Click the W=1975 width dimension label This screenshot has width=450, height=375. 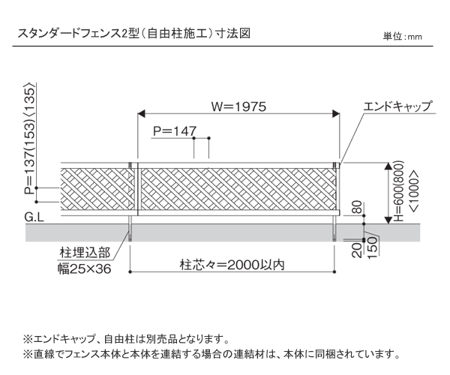(238, 106)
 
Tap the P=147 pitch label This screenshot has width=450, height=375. (175, 131)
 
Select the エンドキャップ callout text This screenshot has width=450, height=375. (397, 106)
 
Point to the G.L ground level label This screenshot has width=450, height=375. (34, 217)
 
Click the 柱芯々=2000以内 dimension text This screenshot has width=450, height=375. (232, 265)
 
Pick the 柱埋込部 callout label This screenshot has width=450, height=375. (85, 253)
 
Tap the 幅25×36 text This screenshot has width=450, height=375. (85, 268)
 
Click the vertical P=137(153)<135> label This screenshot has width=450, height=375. (30, 139)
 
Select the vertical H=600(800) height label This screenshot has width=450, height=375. (399, 191)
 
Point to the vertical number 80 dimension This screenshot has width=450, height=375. (357, 207)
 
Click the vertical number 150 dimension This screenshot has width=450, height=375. (372, 248)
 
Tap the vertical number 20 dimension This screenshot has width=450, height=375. (357, 250)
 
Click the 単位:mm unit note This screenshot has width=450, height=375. (402, 37)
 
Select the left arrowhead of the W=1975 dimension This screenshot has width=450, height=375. (141, 113)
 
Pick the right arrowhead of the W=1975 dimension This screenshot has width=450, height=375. (336, 113)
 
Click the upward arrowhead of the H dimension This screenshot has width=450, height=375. (388, 166)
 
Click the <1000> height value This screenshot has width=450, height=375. (415, 192)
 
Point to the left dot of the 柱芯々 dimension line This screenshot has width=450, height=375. (130, 271)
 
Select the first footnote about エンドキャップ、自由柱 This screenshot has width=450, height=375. (127, 340)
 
